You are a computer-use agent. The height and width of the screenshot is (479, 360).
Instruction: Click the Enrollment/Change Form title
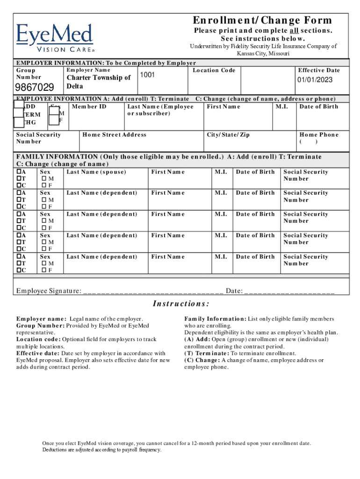[262, 20]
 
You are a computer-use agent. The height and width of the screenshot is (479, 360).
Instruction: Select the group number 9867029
[35, 87]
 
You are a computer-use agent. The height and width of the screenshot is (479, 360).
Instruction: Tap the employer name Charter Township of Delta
[99, 82]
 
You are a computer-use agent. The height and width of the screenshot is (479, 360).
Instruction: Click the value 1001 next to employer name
[147, 75]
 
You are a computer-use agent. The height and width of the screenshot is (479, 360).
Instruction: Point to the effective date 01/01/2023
[315, 80]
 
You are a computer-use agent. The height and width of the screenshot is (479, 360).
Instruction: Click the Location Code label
[214, 70]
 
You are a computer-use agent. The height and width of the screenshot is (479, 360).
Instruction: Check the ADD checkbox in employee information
[19, 107]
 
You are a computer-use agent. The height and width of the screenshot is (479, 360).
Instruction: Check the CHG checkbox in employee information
[19, 123]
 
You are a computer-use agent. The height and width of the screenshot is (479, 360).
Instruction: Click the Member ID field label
[89, 107]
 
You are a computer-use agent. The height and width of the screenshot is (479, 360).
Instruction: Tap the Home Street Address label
[114, 135]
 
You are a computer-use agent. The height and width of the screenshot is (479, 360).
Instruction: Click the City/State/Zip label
[228, 135]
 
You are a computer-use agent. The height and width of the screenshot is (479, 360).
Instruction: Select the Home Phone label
[319, 135]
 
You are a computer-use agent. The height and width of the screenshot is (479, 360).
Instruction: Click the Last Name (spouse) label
[96, 172]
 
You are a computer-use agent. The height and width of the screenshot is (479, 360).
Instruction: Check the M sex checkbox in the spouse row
[44, 179]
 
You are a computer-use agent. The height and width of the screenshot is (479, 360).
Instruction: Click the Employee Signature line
[153, 292]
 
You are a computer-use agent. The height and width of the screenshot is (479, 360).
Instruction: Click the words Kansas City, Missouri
[263, 53]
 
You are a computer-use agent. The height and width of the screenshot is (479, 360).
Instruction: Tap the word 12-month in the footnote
[202, 443]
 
